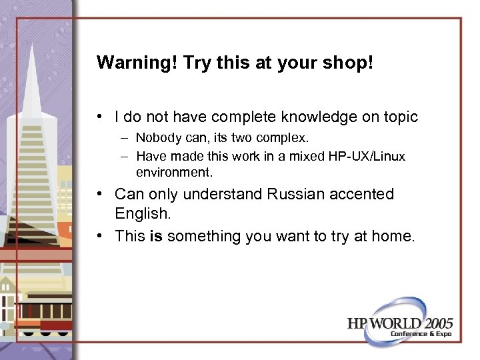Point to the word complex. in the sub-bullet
pyautogui.click(x=288, y=138)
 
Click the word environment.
pyautogui.click(x=174, y=173)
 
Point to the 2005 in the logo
pyautogui.click(x=433, y=323)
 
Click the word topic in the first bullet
pyautogui.click(x=399, y=117)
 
